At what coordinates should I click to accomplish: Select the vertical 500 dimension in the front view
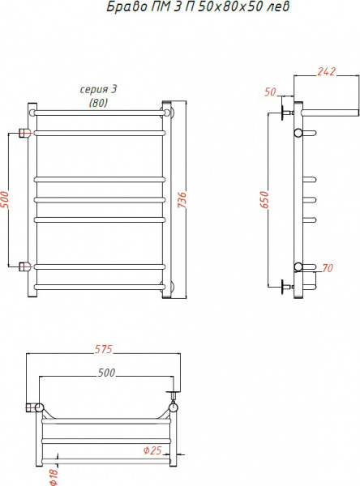6,199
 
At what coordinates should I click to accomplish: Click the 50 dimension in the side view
271,92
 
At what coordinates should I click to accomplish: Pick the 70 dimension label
328,267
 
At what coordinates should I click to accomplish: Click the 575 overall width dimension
102,350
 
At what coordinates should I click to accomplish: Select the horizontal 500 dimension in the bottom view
105,373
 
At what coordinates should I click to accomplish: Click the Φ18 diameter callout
54,476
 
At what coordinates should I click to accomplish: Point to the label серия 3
98,90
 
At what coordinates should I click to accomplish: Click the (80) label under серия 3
98,102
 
